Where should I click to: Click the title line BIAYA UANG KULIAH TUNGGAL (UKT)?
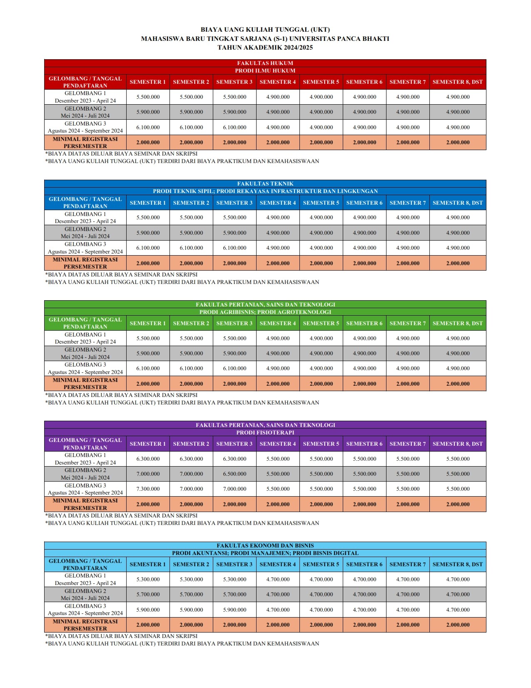[x=265, y=30]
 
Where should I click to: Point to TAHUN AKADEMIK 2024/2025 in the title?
[x=265, y=48]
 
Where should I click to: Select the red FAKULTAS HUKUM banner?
[x=265, y=63]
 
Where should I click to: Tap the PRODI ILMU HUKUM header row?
[x=265, y=71]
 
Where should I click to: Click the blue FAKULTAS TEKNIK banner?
[x=265, y=184]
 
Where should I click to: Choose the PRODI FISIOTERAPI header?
[x=265, y=433]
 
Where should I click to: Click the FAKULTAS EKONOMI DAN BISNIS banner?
[x=265, y=546]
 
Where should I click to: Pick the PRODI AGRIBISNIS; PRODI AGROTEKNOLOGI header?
[x=265, y=312]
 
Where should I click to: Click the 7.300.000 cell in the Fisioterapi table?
[x=148, y=489]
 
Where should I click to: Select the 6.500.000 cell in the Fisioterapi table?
[x=234, y=474]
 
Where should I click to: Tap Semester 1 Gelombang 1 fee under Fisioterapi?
[x=148, y=459]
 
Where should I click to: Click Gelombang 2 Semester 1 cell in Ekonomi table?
[x=148, y=595]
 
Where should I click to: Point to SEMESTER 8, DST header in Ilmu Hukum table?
[x=457, y=82]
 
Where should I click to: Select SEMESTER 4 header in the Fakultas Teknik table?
[x=278, y=203]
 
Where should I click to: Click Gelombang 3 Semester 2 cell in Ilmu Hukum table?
[x=191, y=128]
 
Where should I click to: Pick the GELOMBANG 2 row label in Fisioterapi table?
[x=85, y=474]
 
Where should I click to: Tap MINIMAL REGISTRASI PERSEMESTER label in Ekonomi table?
[x=85, y=625]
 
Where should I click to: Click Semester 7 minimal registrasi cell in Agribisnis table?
[x=408, y=384]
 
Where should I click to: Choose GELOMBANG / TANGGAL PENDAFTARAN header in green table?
[x=85, y=323]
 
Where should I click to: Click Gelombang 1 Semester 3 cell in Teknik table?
[x=234, y=218]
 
